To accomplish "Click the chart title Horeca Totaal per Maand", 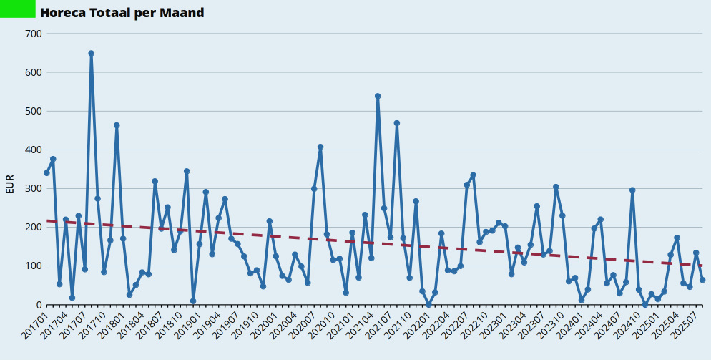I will point(122,13).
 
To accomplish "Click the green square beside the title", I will point(17,9).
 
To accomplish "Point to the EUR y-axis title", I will point(9,184).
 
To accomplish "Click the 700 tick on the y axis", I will point(34,34).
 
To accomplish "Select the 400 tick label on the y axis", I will point(34,150).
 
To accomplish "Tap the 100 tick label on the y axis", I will point(34,266).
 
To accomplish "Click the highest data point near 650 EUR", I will point(92,53).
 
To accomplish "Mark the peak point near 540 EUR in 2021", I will point(378,96).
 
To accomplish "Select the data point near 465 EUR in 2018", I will point(117,125).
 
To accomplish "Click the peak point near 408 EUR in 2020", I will point(320,147).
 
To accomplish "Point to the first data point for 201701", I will point(46,172).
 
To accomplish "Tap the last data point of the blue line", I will point(702,280).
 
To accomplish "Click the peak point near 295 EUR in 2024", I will point(632,190).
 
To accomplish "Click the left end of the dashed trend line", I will point(47,221).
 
